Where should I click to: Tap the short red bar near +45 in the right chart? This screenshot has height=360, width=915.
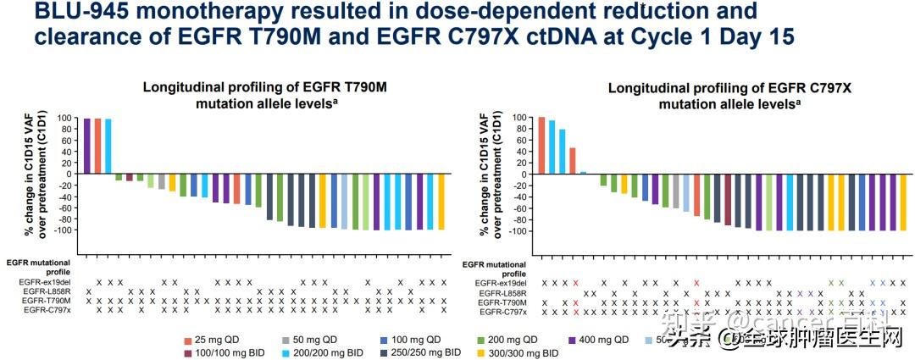[x=573, y=161]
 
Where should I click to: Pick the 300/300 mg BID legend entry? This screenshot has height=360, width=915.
[x=520, y=352]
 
